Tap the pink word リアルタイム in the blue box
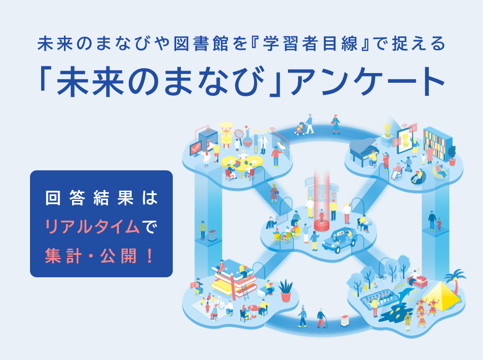[x=93, y=226]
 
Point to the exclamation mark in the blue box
[x=150, y=256]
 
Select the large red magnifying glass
[x=239, y=135]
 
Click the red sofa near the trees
[x=417, y=280]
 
